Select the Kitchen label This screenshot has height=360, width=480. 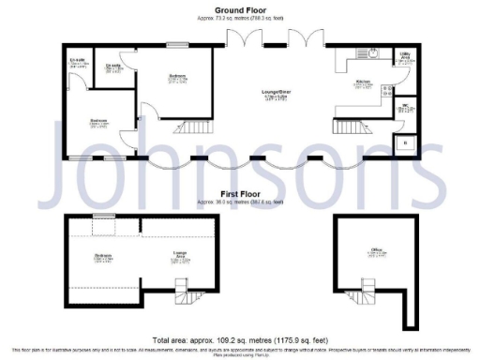pos(363,82)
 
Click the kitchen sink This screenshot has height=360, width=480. pos(372,53)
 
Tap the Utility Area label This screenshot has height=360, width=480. pos(405,57)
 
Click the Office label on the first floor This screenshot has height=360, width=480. pos(377,249)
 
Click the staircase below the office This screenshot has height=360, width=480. pos(363,299)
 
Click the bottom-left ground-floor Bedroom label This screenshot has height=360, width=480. pos(98,121)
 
